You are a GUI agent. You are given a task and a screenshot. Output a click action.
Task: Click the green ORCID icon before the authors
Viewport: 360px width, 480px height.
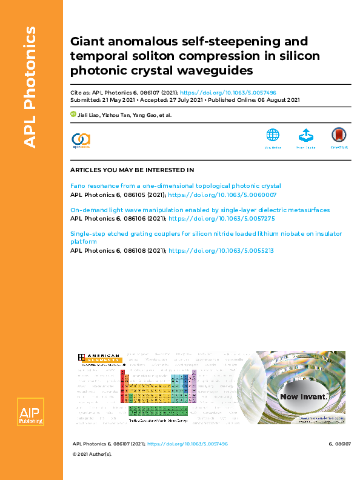[x=73, y=113]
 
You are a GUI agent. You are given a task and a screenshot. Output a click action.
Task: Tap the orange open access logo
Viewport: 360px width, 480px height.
[x=81, y=139]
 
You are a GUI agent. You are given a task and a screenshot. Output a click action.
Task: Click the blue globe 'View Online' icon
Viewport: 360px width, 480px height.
[x=273, y=136]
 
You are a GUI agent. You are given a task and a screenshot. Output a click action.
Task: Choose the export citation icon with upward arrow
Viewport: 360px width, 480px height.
[x=305, y=136]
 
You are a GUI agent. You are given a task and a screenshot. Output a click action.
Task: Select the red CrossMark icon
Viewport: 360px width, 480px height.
[x=338, y=136]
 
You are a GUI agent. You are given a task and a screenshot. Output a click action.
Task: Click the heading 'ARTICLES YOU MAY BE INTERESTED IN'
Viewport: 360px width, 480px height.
[x=132, y=170]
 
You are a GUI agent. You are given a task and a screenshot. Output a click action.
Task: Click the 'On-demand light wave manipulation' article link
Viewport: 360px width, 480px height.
[x=200, y=210]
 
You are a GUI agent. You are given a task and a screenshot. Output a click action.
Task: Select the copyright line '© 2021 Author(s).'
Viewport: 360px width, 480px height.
[x=92, y=470]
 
